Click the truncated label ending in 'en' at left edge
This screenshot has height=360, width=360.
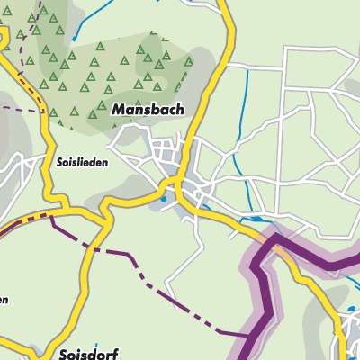click(x=4, y=300)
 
